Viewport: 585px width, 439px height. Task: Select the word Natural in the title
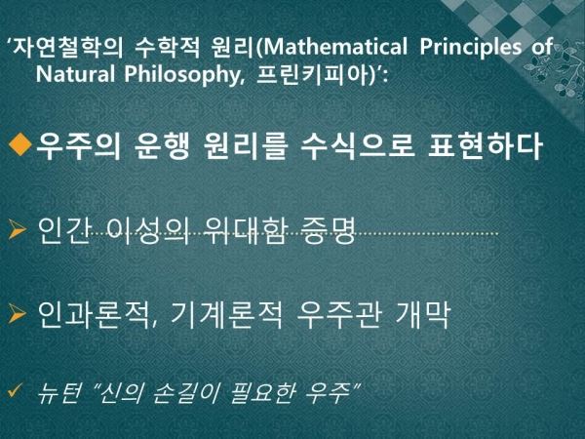75,74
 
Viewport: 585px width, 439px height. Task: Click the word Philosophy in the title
183,76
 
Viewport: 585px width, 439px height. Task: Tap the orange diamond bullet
19,144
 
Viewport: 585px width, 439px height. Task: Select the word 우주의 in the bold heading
78,145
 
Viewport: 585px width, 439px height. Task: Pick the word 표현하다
485,145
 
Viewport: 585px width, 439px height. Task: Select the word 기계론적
226,315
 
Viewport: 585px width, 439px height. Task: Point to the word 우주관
338,315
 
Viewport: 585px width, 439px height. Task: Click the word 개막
422,315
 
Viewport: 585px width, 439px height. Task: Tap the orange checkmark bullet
16,390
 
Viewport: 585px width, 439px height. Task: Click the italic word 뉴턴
59,393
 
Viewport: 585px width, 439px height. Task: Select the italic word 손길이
185,393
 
